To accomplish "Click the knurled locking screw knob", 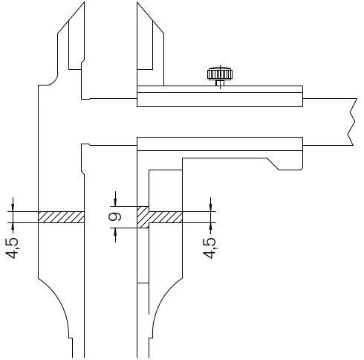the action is point(220,74).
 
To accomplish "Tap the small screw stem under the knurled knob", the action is point(220,83).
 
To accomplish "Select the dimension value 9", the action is point(115,217).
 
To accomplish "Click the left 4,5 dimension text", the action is point(12,248).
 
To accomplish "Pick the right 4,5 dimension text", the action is point(209,248).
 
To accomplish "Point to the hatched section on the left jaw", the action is point(61,217).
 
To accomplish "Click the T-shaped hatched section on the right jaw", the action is point(160,217).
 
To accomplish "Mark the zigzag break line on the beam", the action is point(353,122).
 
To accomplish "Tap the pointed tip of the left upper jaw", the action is point(84,2).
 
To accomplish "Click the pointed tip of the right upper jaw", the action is point(137,2).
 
